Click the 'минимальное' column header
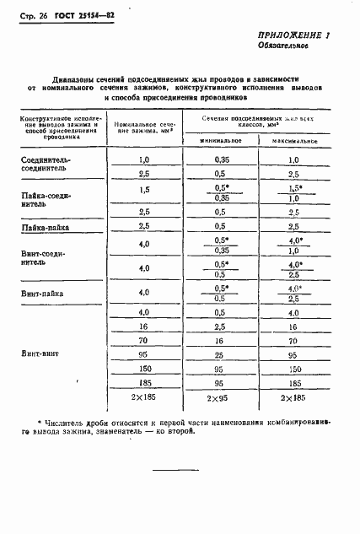[x=222, y=139]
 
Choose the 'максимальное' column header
[x=294, y=139]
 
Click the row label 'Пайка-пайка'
[x=44, y=227]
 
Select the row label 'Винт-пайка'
[x=42, y=294]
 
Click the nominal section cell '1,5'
[x=143, y=190]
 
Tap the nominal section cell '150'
[x=143, y=370]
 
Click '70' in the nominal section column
[x=143, y=342]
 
